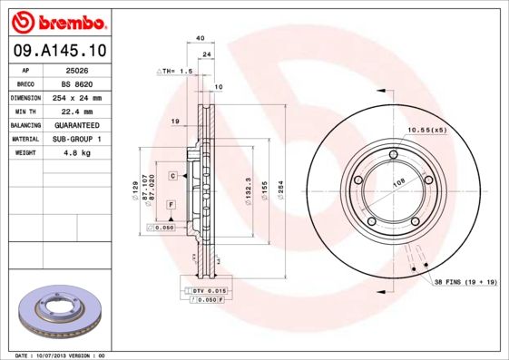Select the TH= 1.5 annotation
(x=178, y=70)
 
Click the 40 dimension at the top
(x=200, y=38)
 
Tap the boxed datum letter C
(x=171, y=174)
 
